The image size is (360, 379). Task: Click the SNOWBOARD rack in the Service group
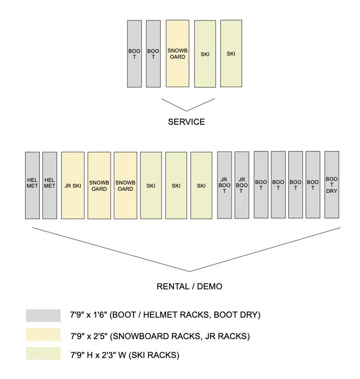177,53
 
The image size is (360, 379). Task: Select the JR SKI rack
73,186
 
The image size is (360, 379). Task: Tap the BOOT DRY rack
332,185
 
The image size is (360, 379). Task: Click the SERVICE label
186,122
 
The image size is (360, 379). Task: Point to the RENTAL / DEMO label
189,286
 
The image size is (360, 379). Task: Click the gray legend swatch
43,315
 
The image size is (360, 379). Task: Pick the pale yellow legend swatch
43,335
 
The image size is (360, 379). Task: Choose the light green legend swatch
43,354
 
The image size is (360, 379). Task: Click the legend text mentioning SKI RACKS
125,355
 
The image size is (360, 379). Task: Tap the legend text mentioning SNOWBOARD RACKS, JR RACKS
151,335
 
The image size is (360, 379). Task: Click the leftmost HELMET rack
32,186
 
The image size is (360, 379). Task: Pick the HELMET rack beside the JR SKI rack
49,186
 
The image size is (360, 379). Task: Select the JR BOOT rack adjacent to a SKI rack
224,186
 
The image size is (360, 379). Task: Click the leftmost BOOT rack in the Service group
135,53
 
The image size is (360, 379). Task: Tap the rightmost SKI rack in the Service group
231,53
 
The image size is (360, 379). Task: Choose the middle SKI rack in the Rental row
176,186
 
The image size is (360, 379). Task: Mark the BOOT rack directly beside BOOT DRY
313,185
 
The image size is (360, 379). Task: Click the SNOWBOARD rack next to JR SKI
99,186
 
